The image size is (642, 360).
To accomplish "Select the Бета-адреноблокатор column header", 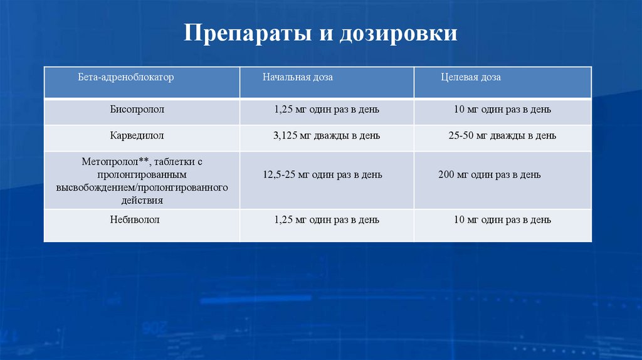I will tap(125, 77).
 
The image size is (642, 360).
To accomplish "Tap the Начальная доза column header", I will tap(298, 77).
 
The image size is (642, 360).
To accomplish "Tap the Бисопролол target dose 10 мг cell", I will tap(502, 110).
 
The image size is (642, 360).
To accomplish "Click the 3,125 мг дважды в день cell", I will tap(327, 135).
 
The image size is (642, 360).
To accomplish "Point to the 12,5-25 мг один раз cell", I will tap(322, 175).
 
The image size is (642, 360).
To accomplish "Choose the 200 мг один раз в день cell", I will tap(489, 175).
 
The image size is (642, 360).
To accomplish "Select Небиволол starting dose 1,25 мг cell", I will tap(327, 220).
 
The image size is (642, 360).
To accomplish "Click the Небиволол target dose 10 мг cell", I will tap(502, 220).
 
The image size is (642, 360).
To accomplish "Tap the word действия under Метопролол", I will tap(142, 201).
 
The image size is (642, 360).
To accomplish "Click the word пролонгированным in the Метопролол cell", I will tap(142, 174).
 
